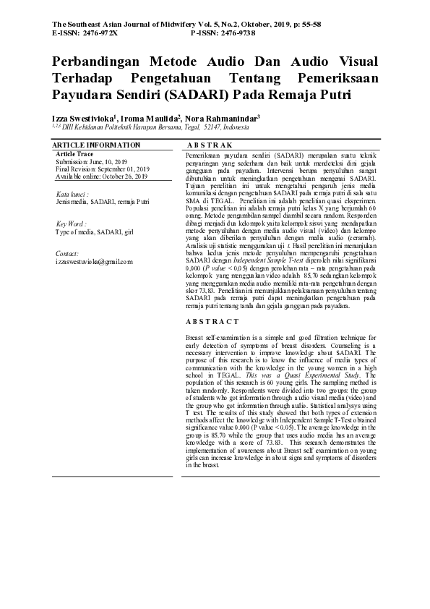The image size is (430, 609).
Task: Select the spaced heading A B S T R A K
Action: click(207, 146)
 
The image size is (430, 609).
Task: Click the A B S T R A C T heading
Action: click(212, 321)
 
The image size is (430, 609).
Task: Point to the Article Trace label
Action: click(74, 154)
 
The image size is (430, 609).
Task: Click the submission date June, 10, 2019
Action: click(109, 162)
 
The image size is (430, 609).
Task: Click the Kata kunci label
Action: click(73, 195)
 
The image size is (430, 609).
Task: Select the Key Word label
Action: click(71, 225)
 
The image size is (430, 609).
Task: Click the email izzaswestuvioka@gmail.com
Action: click(94, 262)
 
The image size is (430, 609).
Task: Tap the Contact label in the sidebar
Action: click(67, 255)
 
